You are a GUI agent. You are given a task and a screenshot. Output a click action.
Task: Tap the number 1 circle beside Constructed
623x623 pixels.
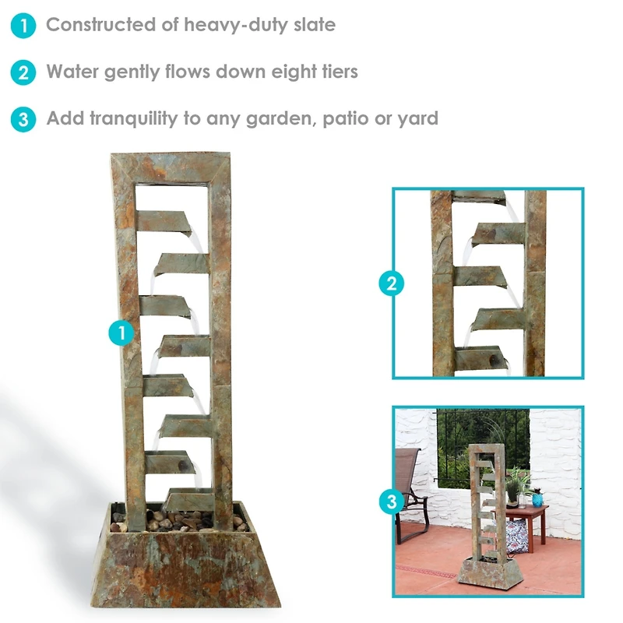(x=23, y=26)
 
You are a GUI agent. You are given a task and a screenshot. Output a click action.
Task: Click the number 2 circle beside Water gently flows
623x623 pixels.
(x=23, y=73)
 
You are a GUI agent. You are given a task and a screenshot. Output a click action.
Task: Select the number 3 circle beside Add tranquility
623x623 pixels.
(x=23, y=120)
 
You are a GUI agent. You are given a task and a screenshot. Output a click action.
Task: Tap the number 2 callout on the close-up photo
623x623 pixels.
(x=392, y=283)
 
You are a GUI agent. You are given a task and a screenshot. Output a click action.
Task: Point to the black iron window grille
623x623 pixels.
(x=483, y=444)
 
